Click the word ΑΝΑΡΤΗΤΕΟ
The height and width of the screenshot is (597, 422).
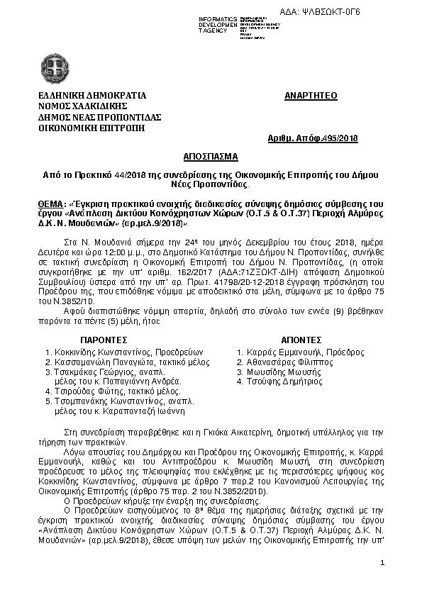click(x=311, y=95)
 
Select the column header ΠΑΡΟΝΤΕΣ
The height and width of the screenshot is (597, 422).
click(x=104, y=340)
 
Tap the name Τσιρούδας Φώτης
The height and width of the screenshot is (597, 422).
click(x=89, y=391)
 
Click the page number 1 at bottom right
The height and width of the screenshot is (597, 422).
click(x=382, y=562)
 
